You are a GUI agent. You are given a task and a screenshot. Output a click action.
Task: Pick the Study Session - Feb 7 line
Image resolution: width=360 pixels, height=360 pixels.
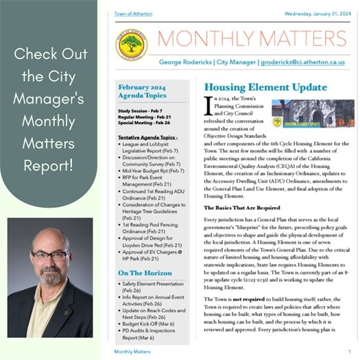142,110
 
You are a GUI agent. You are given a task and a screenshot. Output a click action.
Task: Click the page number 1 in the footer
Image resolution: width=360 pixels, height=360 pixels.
349,351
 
